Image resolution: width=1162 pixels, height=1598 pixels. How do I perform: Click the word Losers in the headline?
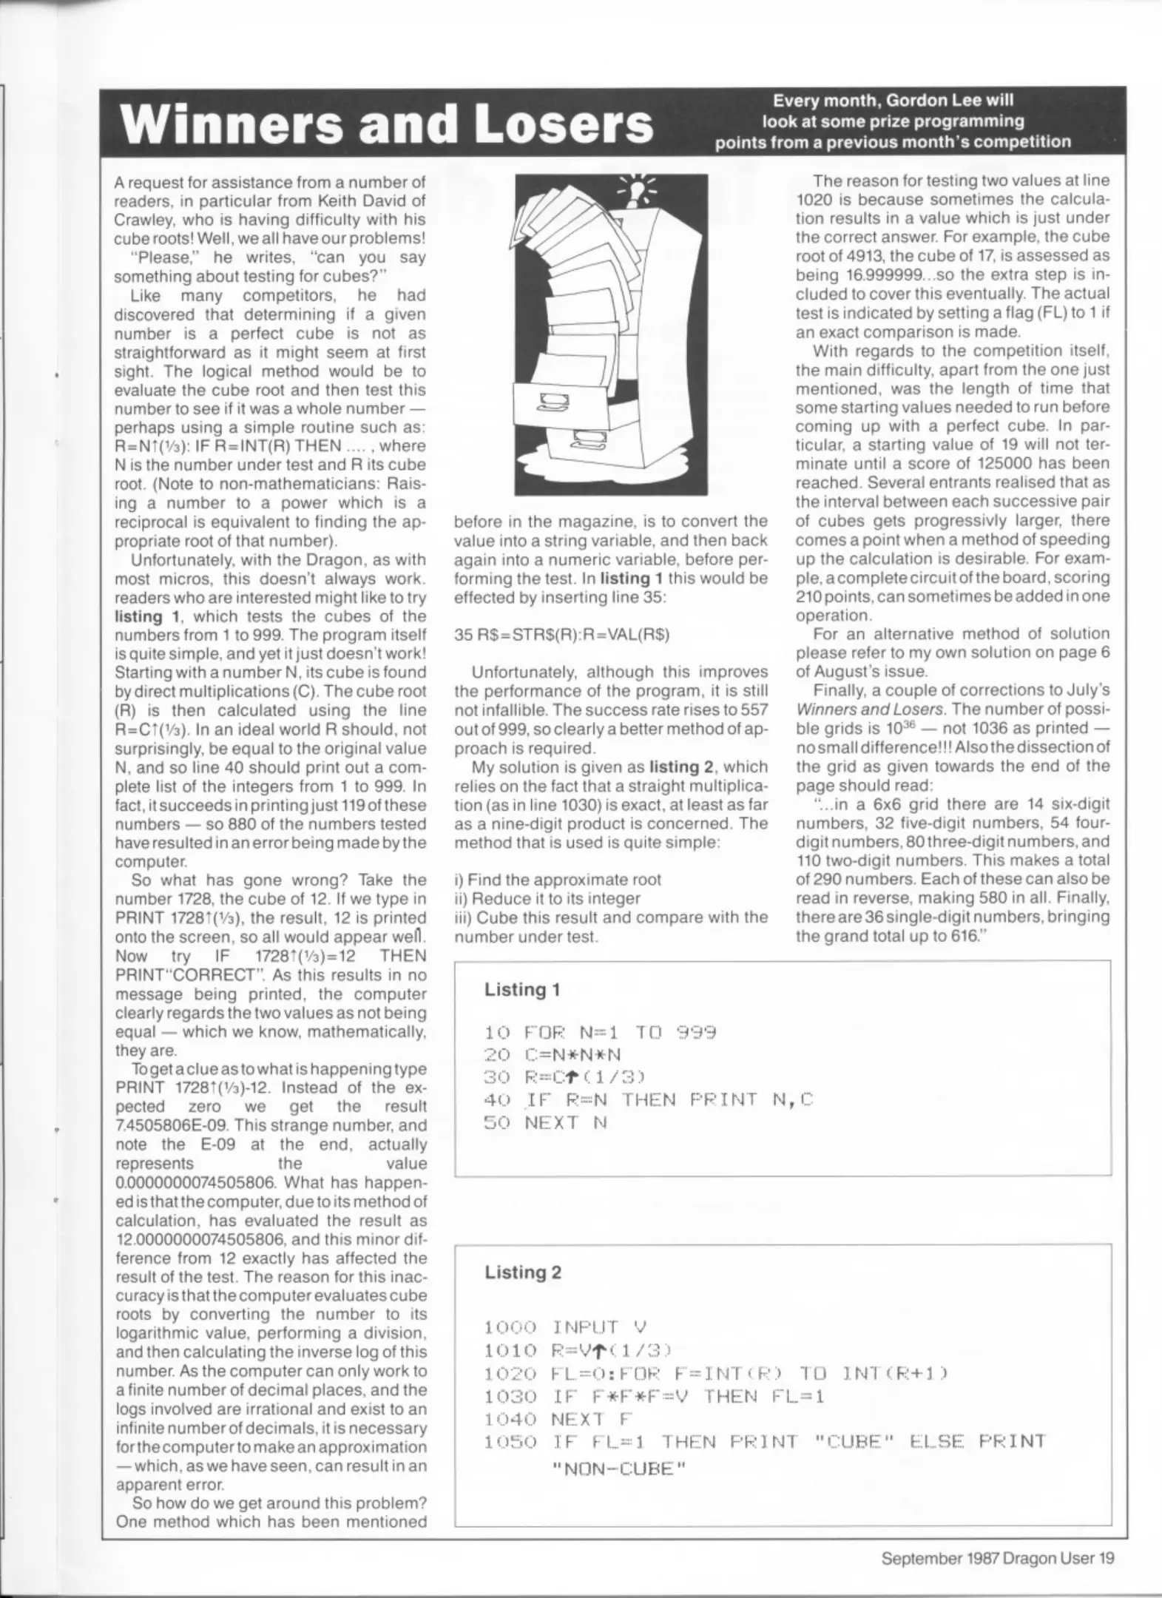[564, 124]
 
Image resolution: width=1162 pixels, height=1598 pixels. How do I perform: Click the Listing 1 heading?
[522, 989]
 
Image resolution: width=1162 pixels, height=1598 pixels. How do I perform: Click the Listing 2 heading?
[523, 1272]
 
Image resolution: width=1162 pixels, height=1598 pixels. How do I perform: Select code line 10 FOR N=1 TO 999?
[600, 1033]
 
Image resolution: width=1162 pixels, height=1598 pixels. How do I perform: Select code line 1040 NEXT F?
[559, 1418]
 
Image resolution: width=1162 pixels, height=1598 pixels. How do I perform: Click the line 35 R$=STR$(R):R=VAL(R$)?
[561, 635]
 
